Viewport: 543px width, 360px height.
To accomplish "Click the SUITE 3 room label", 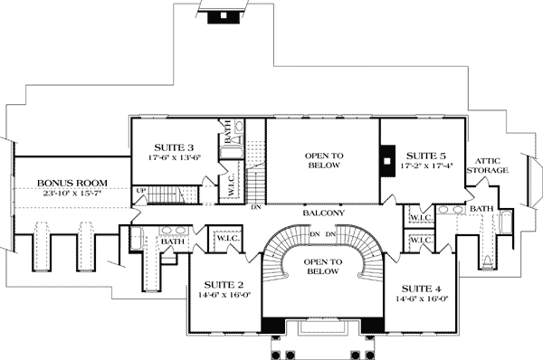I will point(174,147).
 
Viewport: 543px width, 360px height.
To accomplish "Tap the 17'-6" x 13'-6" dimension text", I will point(174,157).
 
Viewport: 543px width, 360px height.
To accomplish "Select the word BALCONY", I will point(323,213).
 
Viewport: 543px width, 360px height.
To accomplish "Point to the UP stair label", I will point(140,190).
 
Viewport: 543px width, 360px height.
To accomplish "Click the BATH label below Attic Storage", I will point(481,210).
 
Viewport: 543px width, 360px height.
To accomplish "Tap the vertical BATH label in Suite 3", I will point(228,129).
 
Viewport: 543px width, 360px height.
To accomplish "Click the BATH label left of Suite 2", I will point(171,242).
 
